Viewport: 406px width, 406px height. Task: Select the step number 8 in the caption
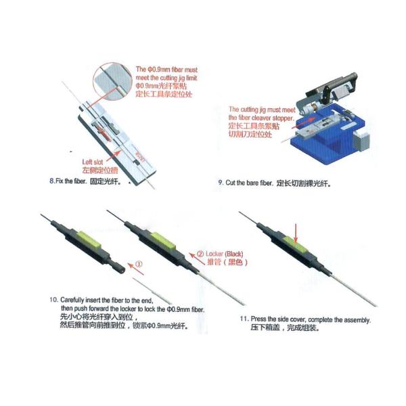click(52, 182)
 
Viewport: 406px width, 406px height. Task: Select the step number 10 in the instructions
click(53, 300)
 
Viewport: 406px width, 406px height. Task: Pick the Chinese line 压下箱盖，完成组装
click(284, 328)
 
